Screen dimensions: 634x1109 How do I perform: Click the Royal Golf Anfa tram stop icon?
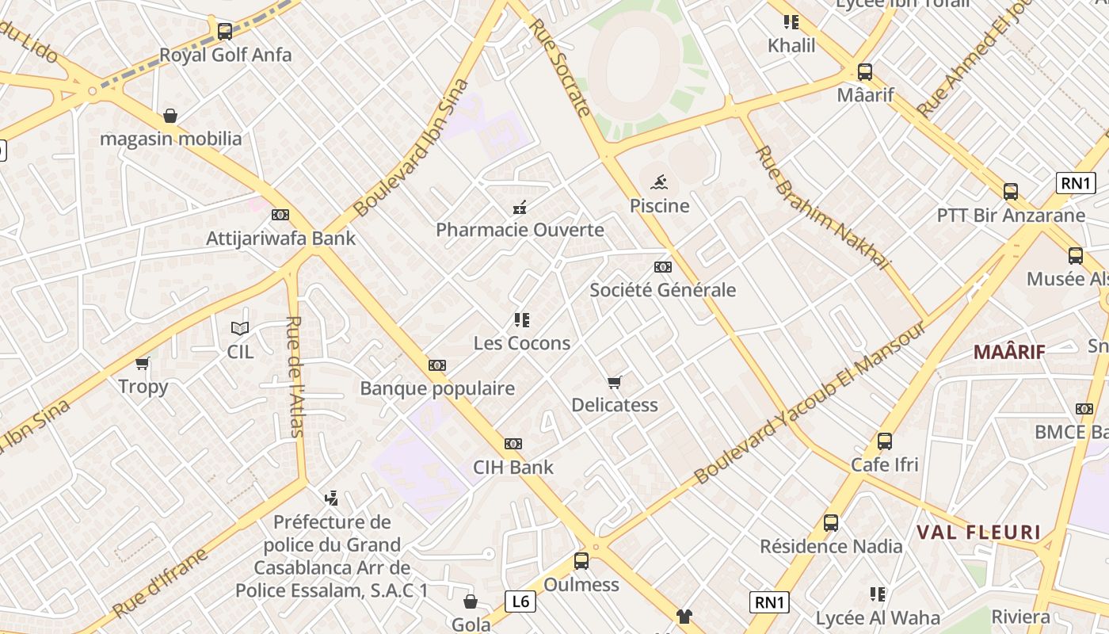coord(225,32)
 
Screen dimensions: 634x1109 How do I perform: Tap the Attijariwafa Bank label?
coord(280,239)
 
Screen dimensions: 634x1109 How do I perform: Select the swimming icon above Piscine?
coord(658,183)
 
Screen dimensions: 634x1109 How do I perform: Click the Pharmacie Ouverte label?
coord(520,231)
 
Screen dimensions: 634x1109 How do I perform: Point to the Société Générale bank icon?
coord(663,267)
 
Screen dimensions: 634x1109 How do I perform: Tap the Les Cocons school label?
coord(522,343)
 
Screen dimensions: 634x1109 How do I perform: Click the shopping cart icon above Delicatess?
coord(615,382)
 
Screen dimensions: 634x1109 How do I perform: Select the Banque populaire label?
coord(437,388)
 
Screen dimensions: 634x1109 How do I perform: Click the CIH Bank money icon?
coord(513,444)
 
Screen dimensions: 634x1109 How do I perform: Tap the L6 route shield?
coord(520,602)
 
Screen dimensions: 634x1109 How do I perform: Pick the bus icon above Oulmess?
coord(581,561)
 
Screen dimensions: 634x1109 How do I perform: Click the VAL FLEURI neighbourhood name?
coord(978,532)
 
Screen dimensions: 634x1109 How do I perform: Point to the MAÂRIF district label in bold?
coord(1009,352)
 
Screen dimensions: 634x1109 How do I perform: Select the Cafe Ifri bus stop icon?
coord(885,441)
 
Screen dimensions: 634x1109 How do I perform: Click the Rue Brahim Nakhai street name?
coord(823,208)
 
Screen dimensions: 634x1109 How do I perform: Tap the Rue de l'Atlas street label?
coord(295,376)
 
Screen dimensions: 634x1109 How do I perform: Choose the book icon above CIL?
coord(240,328)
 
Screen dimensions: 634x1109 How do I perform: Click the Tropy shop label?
coord(143,387)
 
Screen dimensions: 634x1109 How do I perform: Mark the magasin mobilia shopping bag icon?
coord(170,116)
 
